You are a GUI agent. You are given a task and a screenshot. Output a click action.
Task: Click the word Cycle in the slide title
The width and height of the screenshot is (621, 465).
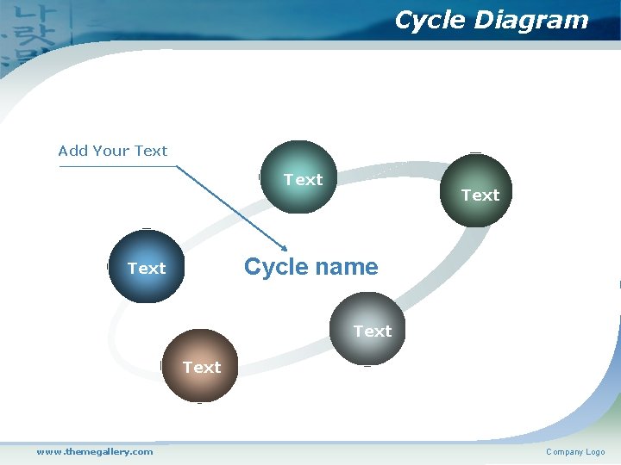(427, 20)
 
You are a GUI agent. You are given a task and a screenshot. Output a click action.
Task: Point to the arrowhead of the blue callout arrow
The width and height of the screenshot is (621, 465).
(283, 248)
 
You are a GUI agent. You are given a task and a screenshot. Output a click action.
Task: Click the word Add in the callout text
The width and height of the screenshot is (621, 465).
(73, 151)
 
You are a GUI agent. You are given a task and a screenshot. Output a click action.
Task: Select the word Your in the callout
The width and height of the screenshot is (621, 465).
(112, 151)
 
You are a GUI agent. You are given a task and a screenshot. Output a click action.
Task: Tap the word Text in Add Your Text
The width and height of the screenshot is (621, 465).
(151, 151)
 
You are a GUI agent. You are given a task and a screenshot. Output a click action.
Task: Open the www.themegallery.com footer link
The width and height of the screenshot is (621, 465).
(95, 451)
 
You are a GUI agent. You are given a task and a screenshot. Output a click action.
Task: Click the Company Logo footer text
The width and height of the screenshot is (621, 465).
(575, 452)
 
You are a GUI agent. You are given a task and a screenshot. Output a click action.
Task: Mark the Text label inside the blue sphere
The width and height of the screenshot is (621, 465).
(147, 269)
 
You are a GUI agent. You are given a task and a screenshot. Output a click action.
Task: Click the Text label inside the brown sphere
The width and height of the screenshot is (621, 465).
(202, 368)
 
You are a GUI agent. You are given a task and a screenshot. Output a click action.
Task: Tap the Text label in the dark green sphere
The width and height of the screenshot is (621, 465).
(480, 195)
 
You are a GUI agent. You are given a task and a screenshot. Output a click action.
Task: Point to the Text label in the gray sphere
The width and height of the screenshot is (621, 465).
(373, 332)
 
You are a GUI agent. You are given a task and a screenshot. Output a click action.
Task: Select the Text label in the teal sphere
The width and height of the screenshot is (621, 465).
(304, 180)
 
